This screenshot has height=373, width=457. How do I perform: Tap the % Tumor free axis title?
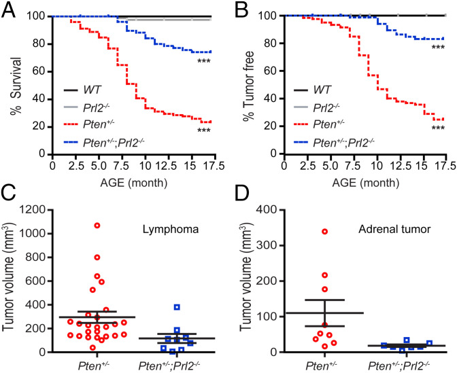click(243, 84)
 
